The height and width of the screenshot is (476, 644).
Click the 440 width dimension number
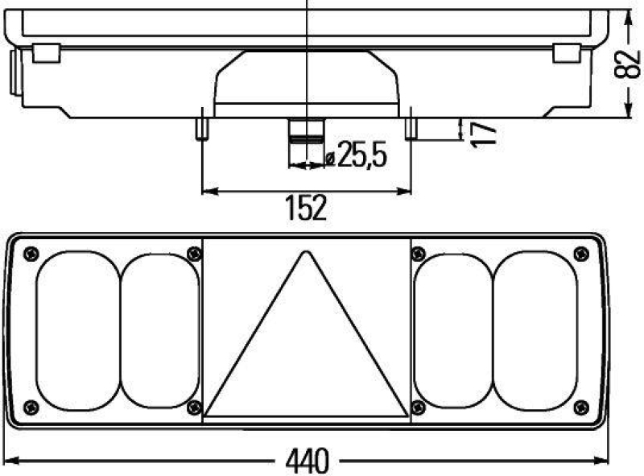(x=307, y=461)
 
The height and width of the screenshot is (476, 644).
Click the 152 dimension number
(x=307, y=208)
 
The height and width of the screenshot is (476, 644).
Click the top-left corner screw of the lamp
(x=31, y=253)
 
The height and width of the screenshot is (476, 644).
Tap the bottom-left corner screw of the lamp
(x=31, y=406)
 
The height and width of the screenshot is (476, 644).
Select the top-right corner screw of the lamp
(x=581, y=254)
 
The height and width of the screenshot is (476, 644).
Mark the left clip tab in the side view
(x=46, y=53)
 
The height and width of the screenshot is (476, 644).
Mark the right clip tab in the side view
(x=566, y=53)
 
